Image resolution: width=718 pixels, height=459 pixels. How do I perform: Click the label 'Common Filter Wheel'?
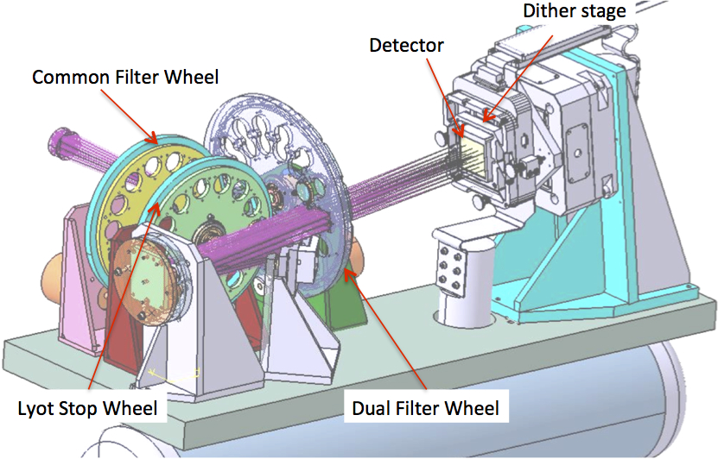click(x=126, y=77)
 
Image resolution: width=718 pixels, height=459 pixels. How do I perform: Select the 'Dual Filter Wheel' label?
click(x=425, y=406)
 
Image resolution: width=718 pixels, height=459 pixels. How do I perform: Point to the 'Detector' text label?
click(x=405, y=45)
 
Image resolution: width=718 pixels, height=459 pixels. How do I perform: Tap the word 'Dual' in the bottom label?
click(x=371, y=406)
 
